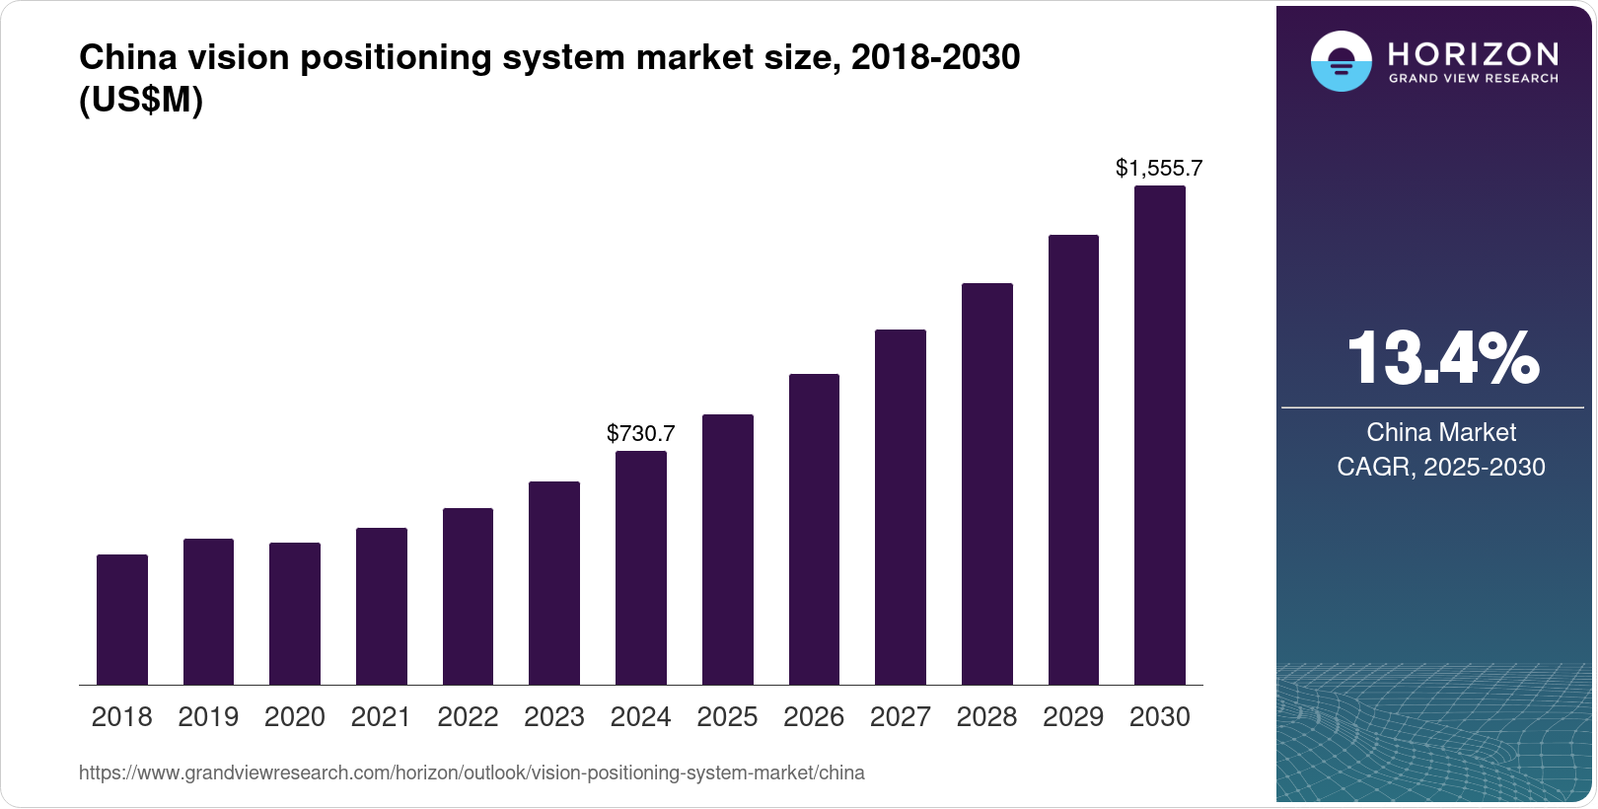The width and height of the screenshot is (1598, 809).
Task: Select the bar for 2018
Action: (x=122, y=620)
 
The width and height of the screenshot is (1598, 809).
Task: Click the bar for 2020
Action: (x=295, y=614)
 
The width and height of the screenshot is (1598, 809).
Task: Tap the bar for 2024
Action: (x=641, y=568)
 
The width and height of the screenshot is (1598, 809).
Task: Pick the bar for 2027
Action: (x=901, y=507)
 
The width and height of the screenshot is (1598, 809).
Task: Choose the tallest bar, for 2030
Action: (x=1160, y=435)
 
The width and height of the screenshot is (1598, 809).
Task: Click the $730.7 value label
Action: (x=640, y=433)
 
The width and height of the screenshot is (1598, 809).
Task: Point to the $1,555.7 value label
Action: (x=1159, y=168)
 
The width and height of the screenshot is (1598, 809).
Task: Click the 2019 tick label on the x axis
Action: (x=208, y=717)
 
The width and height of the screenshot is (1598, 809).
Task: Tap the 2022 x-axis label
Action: (x=468, y=717)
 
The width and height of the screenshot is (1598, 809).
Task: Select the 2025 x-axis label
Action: (x=727, y=717)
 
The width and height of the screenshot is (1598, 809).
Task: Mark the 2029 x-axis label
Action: (x=1073, y=717)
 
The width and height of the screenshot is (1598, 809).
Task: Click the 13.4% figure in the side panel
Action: (x=1443, y=358)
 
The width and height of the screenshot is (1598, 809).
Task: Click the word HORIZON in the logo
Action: (x=1473, y=54)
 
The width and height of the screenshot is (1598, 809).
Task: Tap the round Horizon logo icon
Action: (x=1342, y=60)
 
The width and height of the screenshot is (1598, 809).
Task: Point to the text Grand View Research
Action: (x=1473, y=79)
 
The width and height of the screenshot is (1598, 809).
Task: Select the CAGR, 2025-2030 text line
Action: (x=1441, y=467)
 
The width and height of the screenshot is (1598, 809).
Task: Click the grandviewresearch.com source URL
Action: (x=472, y=772)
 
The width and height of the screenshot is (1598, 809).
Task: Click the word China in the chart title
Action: (x=127, y=57)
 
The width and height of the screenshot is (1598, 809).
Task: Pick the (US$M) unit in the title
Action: (x=141, y=100)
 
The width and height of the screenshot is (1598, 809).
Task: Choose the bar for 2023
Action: (x=554, y=583)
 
